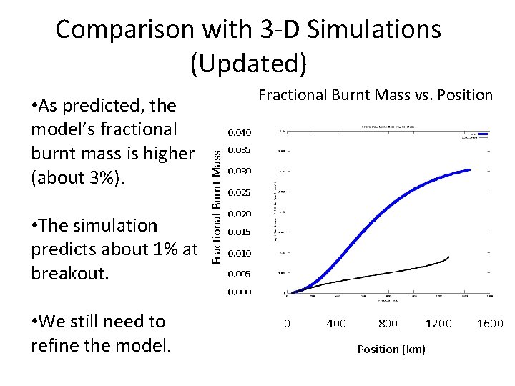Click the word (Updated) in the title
coord(248,64)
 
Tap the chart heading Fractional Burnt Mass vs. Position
coord(375,94)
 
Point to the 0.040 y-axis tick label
coord(240,132)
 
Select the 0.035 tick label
coord(240,150)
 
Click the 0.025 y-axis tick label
coord(240,193)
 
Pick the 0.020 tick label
coord(240,214)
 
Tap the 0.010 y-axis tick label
coord(240,254)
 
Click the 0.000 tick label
coord(240,292)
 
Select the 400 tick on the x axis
coord(336,324)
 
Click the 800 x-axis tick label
coord(388,324)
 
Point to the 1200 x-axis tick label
coord(438,324)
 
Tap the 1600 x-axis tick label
coord(491,324)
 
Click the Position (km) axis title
coord(391,349)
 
